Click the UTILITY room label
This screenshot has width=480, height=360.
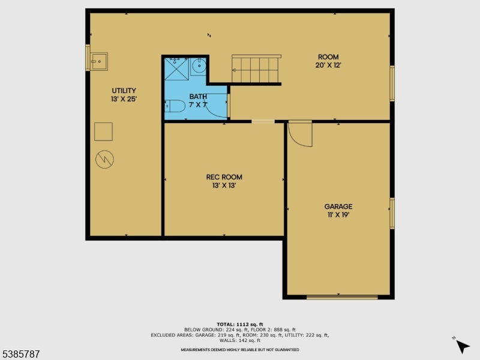[x=124, y=91]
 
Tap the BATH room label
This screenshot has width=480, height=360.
[x=198, y=96]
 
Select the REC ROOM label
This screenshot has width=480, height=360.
[x=224, y=177]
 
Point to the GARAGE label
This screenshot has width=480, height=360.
[x=338, y=206]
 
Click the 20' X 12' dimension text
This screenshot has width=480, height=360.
[x=328, y=65]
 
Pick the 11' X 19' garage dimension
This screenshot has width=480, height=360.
[x=338, y=214]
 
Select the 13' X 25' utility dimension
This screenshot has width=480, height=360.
[x=124, y=99]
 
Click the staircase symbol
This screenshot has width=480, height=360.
[x=256, y=70]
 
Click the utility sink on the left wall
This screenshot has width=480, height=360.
[x=98, y=61]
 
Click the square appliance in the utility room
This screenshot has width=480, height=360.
[x=103, y=131]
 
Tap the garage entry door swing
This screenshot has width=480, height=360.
[x=300, y=134]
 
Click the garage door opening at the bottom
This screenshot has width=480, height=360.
[x=342, y=296]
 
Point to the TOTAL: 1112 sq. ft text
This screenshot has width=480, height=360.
[x=239, y=325]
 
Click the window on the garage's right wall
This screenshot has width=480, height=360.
[x=392, y=213]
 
